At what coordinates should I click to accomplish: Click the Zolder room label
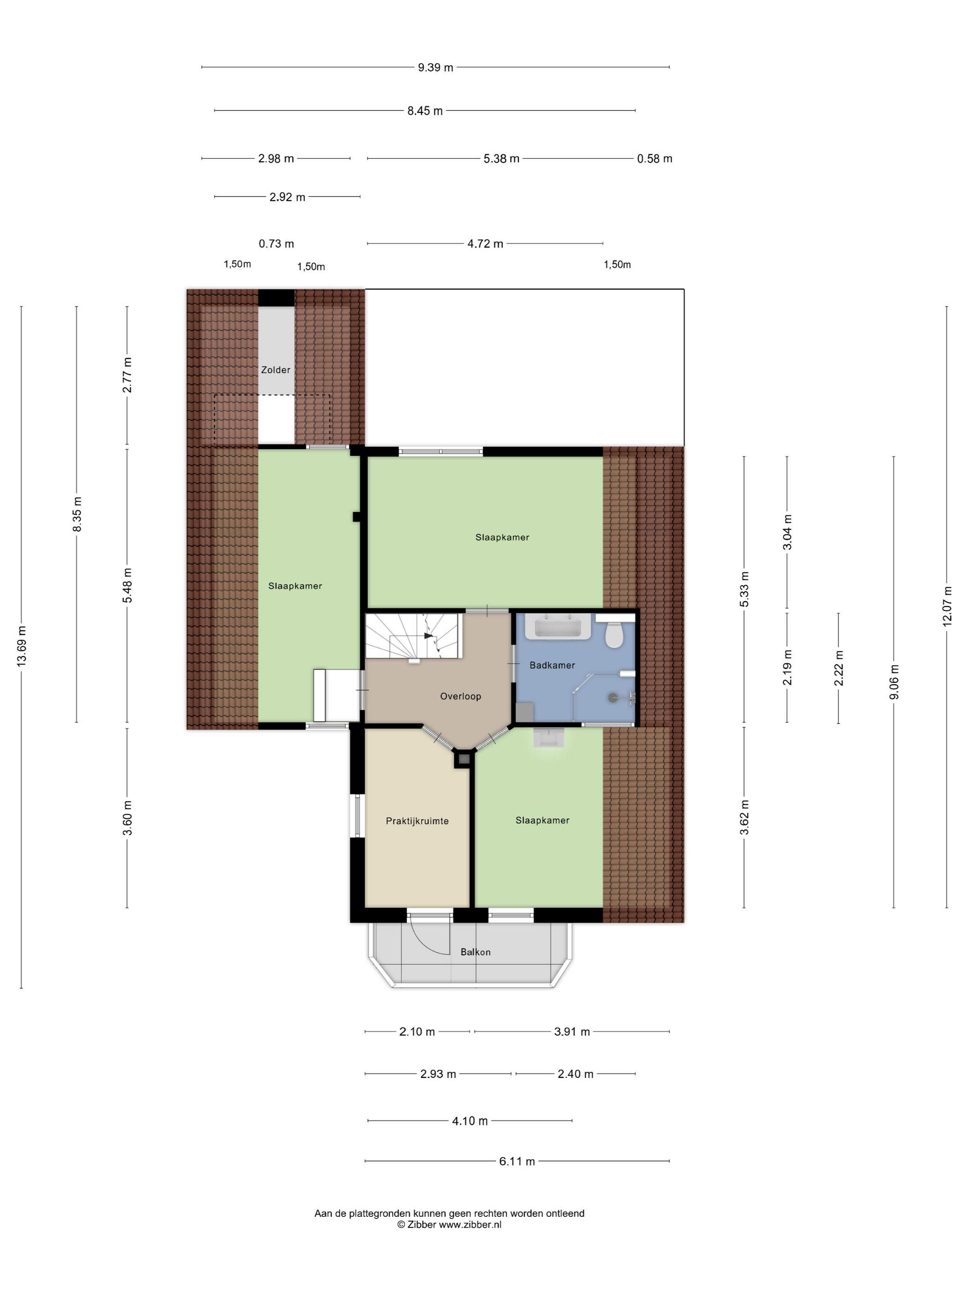click(275, 369)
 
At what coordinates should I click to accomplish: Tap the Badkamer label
click(552, 665)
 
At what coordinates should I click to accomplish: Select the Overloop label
click(460, 696)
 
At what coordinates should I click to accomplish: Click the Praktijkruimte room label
click(417, 821)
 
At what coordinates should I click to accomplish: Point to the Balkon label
click(476, 952)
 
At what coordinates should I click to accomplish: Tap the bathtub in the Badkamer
click(559, 626)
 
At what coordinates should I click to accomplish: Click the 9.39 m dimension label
click(435, 67)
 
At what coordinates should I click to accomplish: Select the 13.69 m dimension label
click(22, 646)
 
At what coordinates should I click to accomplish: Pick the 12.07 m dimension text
click(946, 606)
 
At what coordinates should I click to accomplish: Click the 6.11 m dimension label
click(517, 1161)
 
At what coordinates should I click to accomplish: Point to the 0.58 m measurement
click(655, 158)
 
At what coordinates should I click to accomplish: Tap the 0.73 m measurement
click(277, 243)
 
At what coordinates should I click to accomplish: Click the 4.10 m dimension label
click(470, 1120)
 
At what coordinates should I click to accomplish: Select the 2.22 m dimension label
click(838, 668)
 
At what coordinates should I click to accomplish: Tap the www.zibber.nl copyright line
click(449, 1225)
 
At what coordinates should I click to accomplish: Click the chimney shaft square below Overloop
click(463, 759)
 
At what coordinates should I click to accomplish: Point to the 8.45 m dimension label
click(425, 110)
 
